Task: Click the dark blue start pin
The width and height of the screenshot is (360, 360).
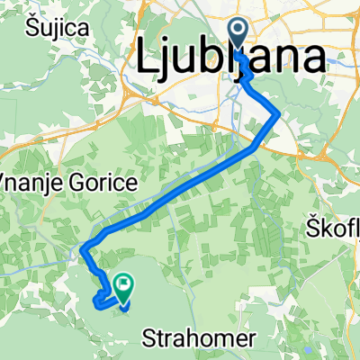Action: point(239,33)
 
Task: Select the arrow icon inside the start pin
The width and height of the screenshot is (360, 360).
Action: point(239,31)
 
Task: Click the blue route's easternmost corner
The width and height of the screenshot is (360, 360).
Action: point(275,114)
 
